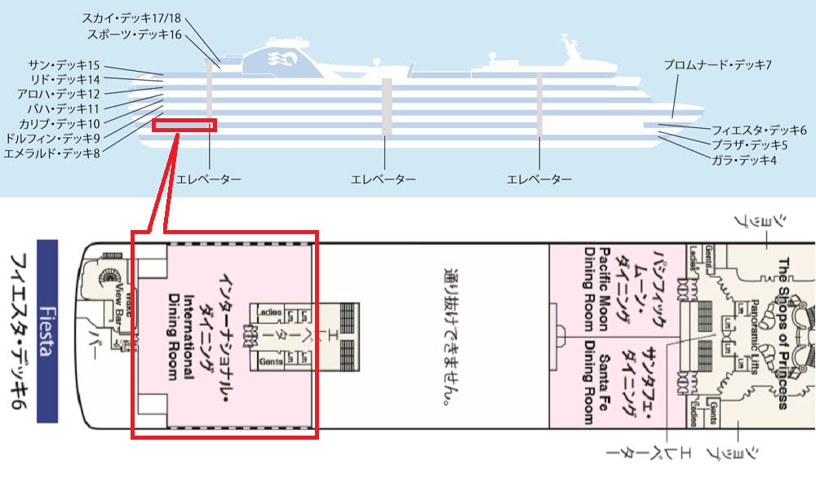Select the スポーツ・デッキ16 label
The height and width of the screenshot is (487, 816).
(135, 34)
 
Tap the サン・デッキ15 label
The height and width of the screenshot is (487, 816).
(64, 65)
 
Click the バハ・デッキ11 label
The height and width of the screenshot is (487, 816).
(63, 108)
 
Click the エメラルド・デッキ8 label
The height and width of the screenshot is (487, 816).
(51, 153)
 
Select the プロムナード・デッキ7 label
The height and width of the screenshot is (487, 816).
(717, 64)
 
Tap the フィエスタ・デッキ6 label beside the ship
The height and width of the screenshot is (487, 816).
(759, 130)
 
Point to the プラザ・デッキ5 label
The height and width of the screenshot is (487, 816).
(750, 145)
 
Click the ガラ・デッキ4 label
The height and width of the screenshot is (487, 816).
(744, 161)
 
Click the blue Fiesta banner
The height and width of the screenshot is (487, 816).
(47, 330)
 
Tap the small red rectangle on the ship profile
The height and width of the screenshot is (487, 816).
(184, 125)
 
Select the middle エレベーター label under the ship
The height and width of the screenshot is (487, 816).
(383, 179)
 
